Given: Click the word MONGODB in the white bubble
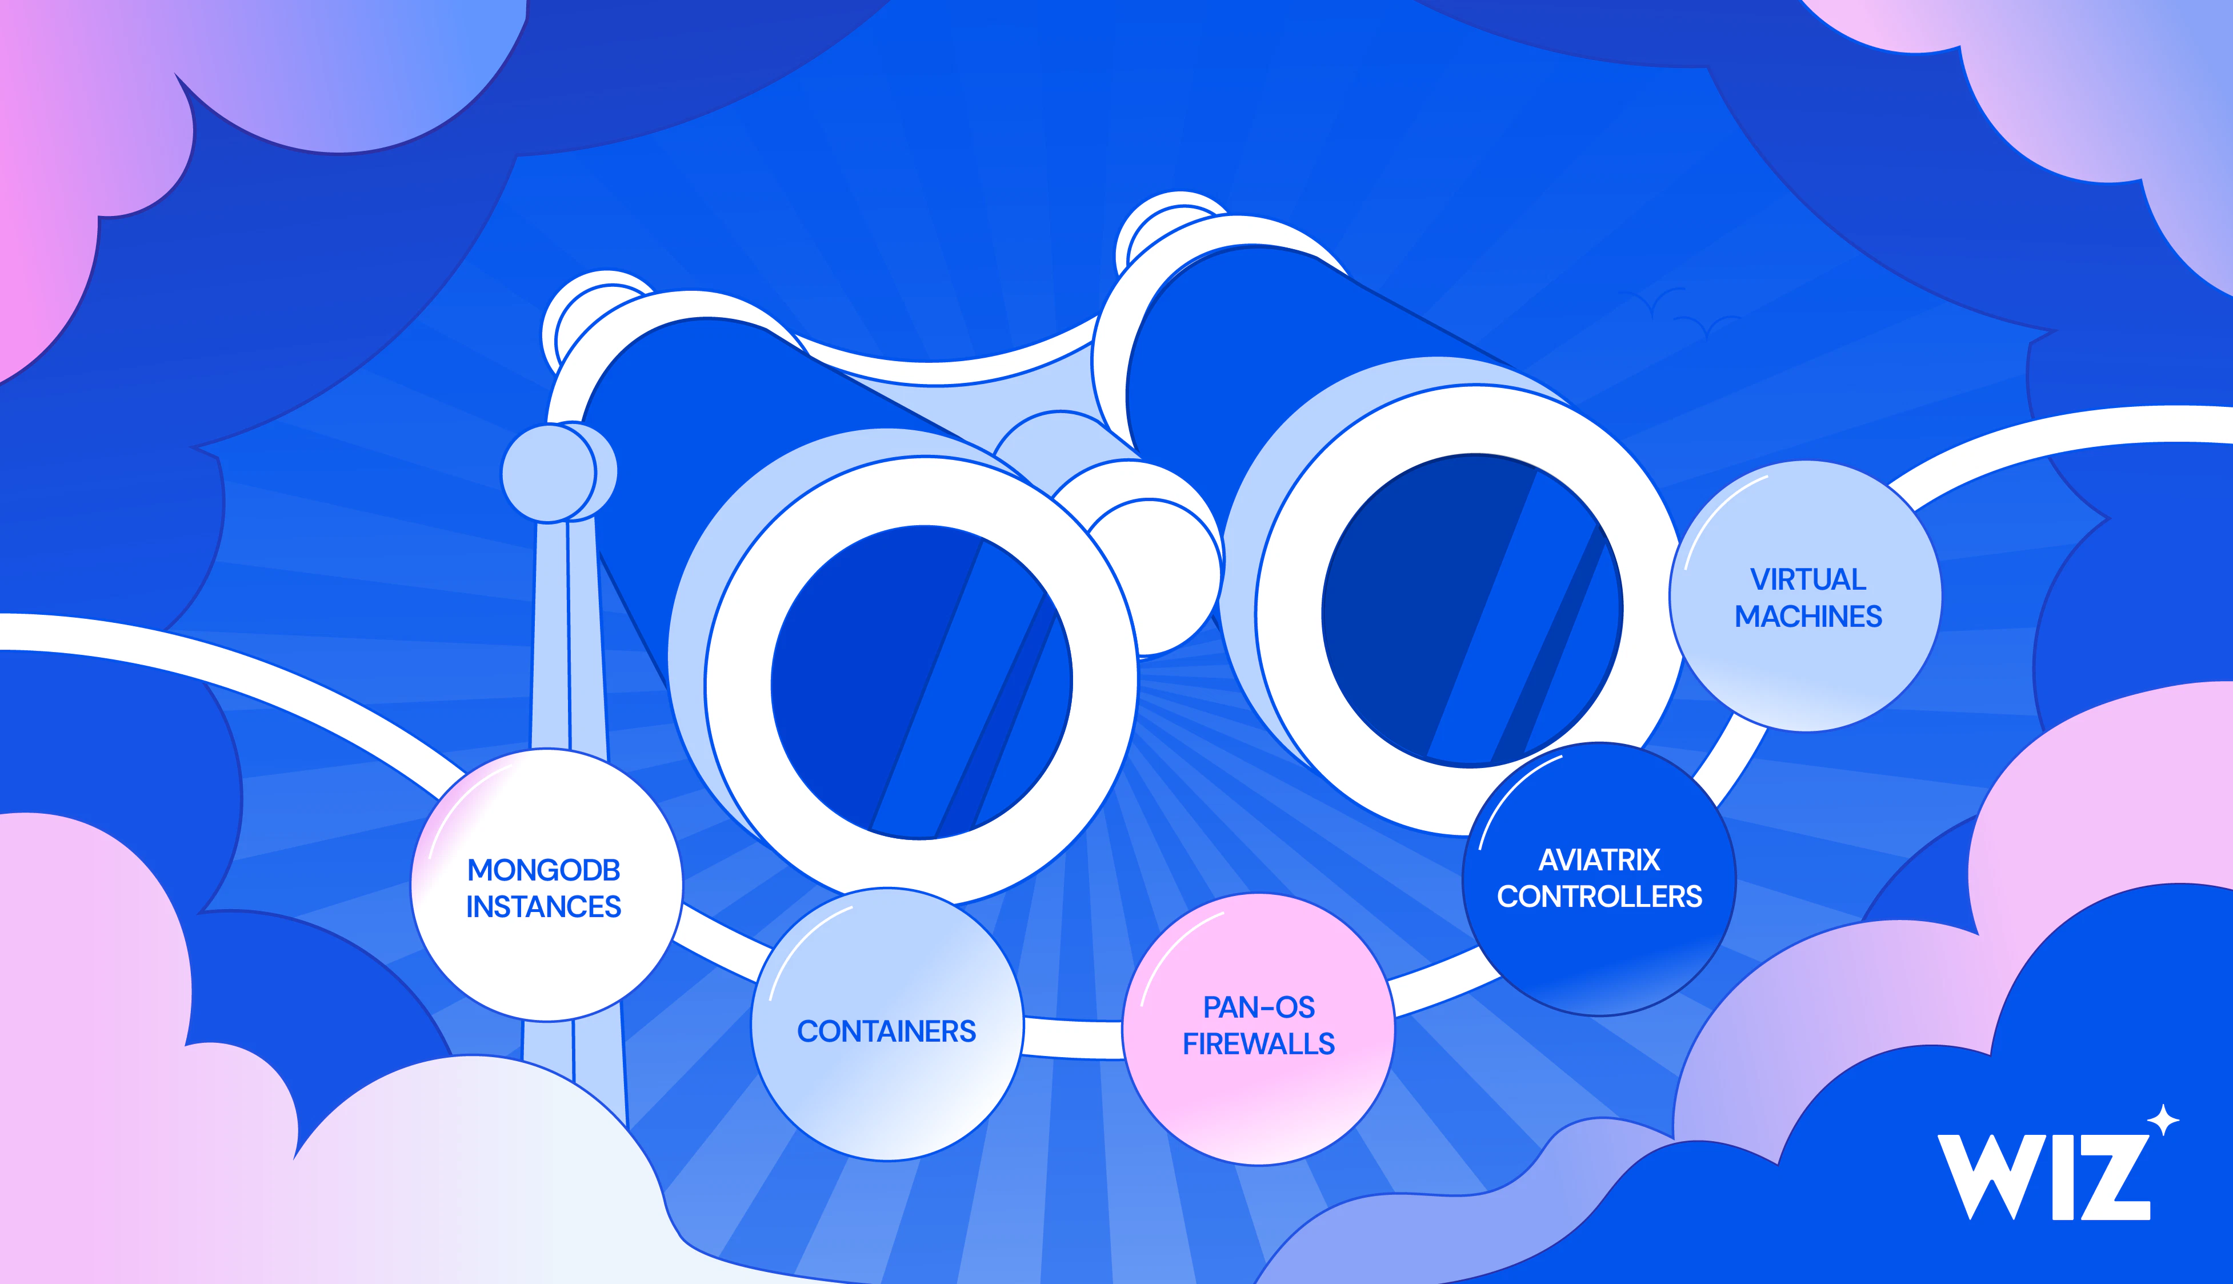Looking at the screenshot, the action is click(544, 870).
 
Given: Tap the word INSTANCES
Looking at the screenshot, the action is click(544, 906).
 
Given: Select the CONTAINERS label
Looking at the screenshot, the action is click(887, 1031).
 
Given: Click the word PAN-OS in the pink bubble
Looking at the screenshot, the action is click(1259, 1007).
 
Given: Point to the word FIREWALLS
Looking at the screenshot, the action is click(1259, 1044).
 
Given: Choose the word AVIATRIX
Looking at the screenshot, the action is click(1599, 860).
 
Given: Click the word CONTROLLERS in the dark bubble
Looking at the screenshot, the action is click(1599, 897).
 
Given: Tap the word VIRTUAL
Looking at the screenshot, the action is click(1808, 579).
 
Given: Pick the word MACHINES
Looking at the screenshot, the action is click(1808, 617).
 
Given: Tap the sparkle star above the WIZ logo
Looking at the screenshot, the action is click(2163, 1121).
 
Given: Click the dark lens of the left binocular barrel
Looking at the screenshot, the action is click(921, 682).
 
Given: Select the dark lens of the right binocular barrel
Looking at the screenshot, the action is click(1472, 610).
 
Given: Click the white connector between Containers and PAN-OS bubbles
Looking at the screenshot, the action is click(1073, 1038).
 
